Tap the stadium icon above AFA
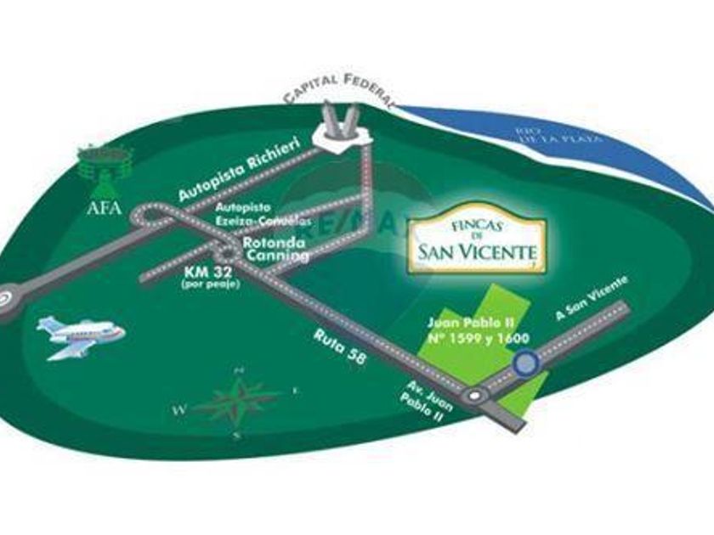click(104, 162)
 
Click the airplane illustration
click(82, 333)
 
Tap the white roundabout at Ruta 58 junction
click(473, 396)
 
